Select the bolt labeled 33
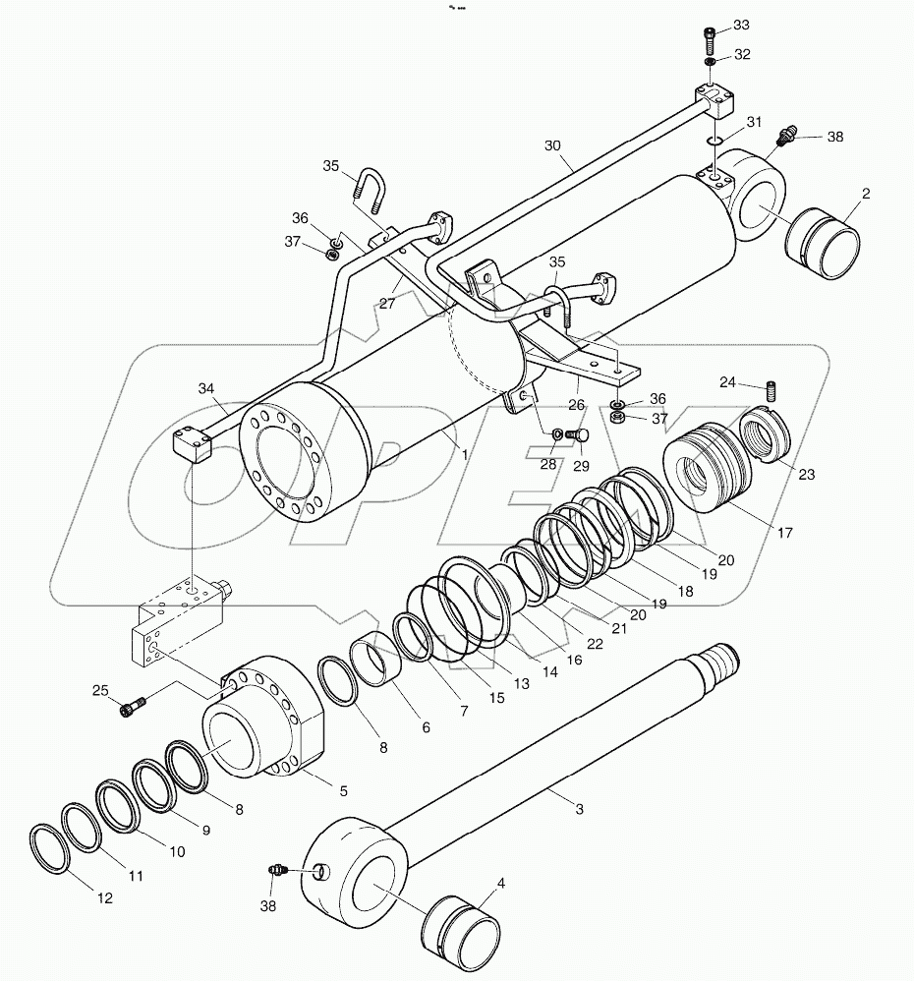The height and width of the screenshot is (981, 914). point(711,38)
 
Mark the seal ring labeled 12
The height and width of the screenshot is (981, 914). point(48,848)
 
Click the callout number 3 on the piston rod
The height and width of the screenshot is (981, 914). point(579,808)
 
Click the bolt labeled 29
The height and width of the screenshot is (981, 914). point(579,434)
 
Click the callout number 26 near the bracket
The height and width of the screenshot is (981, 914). point(575,404)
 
